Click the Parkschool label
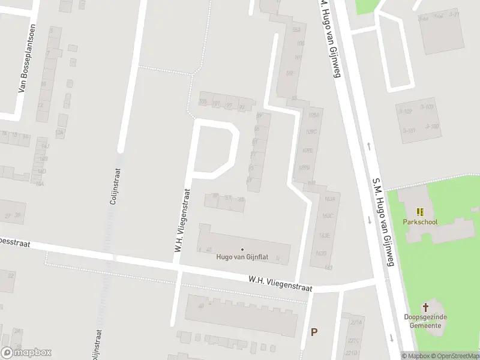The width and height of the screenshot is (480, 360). pos(420,222)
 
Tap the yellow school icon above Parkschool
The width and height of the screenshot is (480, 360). pos(420,212)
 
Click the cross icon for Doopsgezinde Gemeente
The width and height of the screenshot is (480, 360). pos(426,307)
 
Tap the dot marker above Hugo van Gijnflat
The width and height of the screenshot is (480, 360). pos(242,249)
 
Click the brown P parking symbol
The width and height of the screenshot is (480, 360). pos(313,332)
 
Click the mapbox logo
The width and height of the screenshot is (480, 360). pos(26,352)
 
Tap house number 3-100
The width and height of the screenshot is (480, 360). pos(433,126)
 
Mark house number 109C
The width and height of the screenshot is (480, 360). pos(310,131)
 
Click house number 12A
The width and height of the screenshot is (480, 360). pos(59,132)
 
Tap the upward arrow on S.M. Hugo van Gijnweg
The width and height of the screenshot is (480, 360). pos(368,146)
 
